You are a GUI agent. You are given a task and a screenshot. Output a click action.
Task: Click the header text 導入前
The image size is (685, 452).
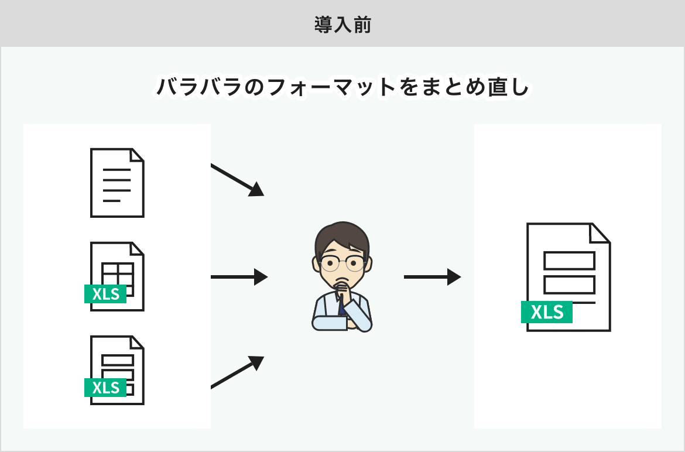[x=342, y=25]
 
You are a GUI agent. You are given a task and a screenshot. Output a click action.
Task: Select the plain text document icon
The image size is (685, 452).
[x=117, y=183]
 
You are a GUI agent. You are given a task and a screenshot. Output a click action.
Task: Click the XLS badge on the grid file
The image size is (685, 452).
[x=105, y=294]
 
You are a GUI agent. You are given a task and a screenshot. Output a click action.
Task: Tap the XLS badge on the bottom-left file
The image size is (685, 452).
[x=105, y=388]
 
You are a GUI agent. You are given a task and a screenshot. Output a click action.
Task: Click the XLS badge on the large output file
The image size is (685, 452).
[x=547, y=312]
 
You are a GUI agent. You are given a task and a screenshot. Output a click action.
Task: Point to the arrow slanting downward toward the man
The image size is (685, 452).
[x=237, y=179]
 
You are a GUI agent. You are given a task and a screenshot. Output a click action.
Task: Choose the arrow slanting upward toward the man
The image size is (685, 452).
[x=237, y=372]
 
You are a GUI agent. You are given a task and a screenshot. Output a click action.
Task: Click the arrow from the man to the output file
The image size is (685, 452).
[x=432, y=276]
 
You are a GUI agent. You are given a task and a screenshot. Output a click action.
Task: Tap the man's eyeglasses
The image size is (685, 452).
[x=342, y=263]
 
